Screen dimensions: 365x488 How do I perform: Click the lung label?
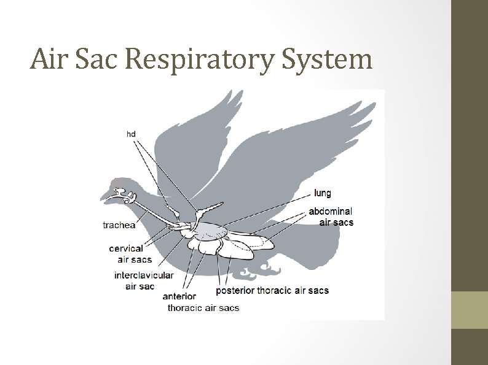coord(322,193)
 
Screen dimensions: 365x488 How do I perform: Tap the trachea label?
coord(118,225)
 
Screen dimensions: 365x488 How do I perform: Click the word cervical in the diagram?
coord(126,248)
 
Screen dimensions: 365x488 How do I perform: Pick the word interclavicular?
coord(144,275)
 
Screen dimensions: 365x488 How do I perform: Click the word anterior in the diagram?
coord(179,296)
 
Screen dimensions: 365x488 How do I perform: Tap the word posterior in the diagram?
coord(235,290)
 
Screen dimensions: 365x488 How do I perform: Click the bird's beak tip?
coord(102,198)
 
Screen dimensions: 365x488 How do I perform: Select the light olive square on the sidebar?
coord(470,310)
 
